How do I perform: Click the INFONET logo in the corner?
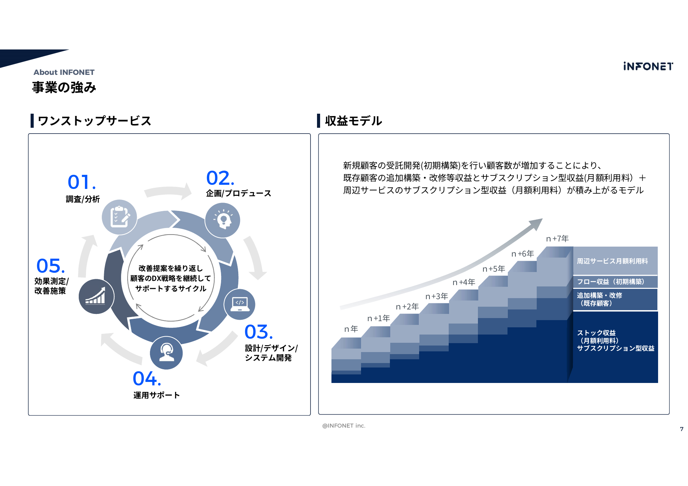click(x=648, y=66)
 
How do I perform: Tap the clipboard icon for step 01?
click(x=119, y=217)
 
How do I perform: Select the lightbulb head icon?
click(x=222, y=220)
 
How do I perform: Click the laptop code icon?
click(x=240, y=304)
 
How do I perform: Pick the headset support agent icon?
click(x=166, y=353)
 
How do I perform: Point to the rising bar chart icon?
click(x=96, y=296)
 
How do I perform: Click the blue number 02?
click(x=220, y=178)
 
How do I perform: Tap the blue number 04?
click(x=147, y=378)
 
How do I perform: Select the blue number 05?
click(x=51, y=266)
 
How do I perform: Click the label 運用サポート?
click(x=156, y=395)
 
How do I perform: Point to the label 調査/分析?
click(x=83, y=199)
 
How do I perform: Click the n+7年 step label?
click(x=557, y=239)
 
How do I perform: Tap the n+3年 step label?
click(x=437, y=296)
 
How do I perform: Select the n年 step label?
click(x=351, y=329)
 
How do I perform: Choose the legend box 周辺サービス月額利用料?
click(x=615, y=261)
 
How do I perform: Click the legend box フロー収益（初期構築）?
click(x=615, y=282)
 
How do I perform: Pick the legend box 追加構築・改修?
click(x=615, y=299)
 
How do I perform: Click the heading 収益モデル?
click(x=353, y=121)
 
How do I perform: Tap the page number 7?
click(x=682, y=429)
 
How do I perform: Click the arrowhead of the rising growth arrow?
click(x=536, y=224)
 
